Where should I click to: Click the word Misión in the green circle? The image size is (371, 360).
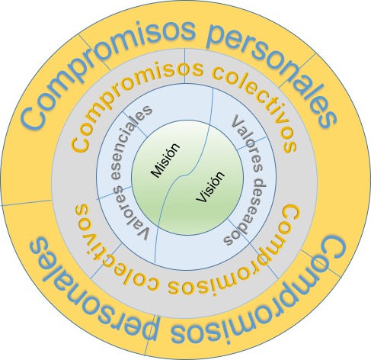165,160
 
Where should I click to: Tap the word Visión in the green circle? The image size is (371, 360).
211,187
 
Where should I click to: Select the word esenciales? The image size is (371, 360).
130,142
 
